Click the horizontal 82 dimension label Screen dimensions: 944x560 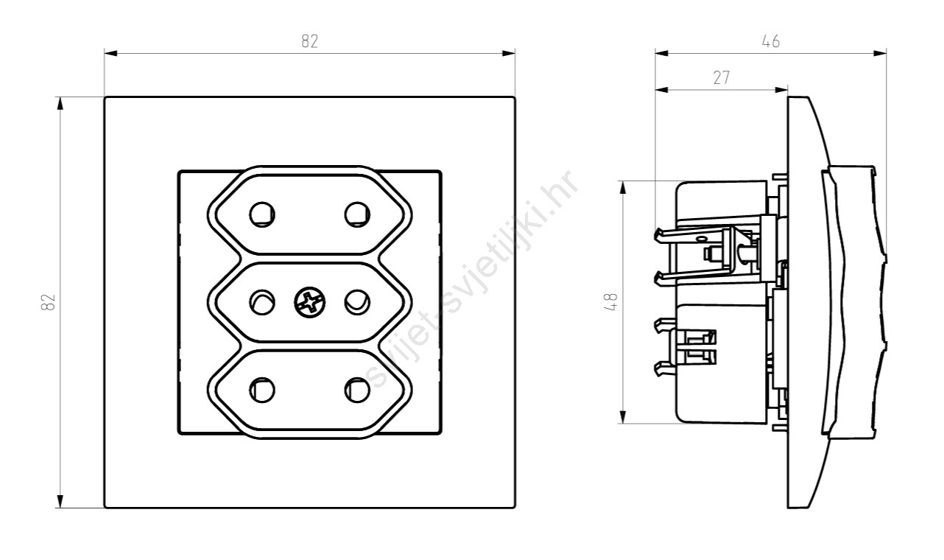[310, 41]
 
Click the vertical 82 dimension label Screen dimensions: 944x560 [48, 302]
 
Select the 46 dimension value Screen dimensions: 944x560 [771, 41]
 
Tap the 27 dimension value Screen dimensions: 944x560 [722, 77]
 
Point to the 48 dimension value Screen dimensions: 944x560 [610, 302]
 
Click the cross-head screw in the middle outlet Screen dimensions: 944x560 [310, 303]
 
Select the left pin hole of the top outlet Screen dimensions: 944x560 [262, 214]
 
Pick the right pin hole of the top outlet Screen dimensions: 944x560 [357, 214]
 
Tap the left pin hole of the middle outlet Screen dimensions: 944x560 [262, 303]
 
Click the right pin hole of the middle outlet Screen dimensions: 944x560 [357, 303]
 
